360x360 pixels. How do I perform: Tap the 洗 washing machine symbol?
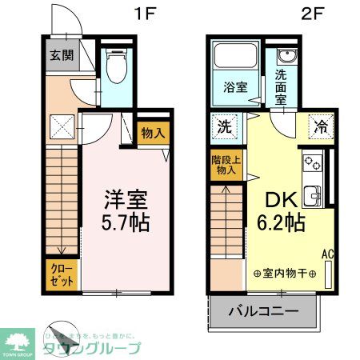(226, 126)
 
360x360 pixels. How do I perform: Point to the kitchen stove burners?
(311, 165)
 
